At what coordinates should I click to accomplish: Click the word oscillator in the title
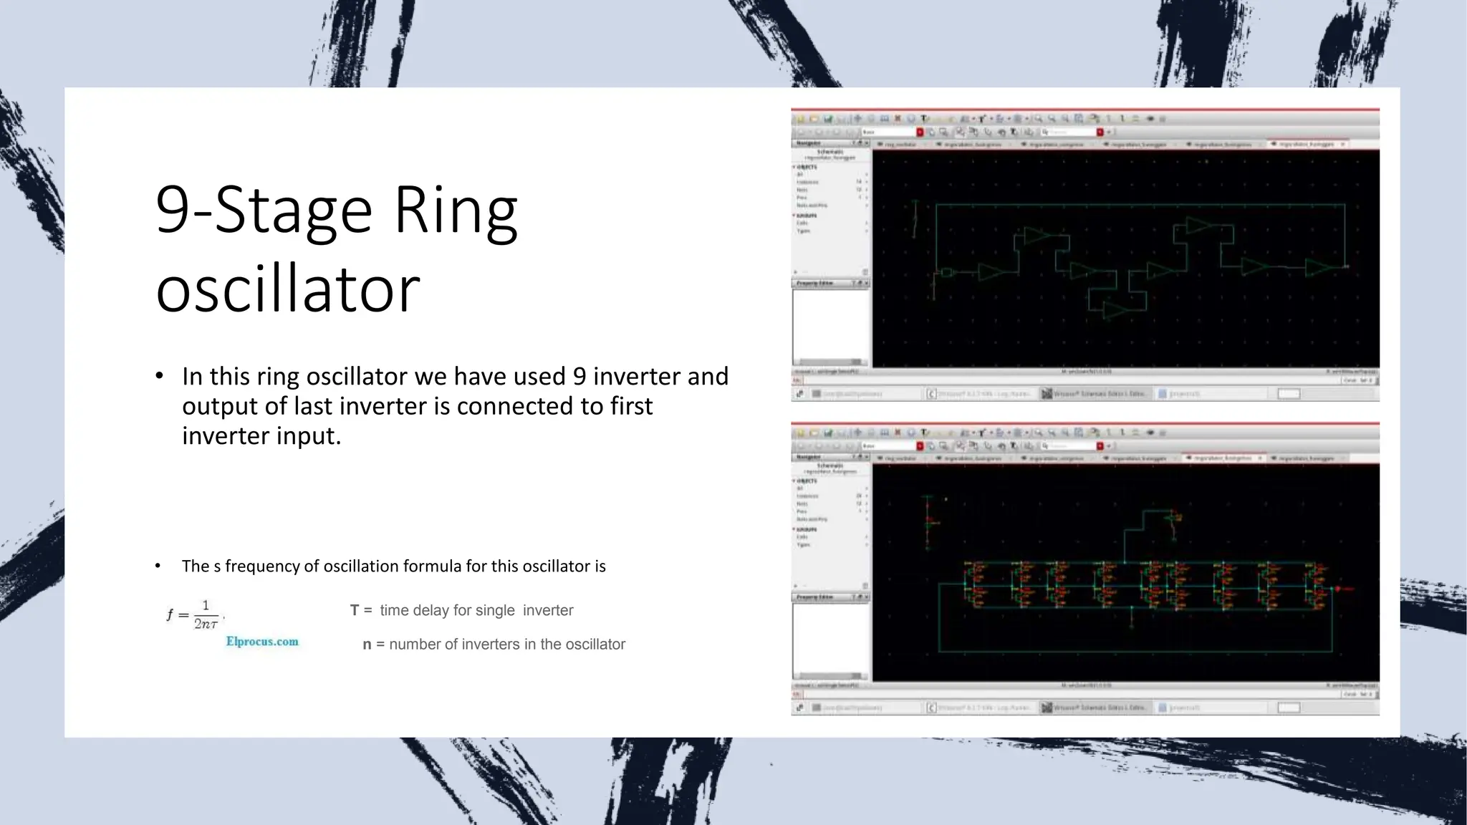coord(287,289)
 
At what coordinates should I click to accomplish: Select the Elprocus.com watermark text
coord(262,642)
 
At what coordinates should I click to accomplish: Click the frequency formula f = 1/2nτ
coord(194,614)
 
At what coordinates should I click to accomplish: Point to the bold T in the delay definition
coord(354,611)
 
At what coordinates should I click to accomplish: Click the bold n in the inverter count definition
coord(367,645)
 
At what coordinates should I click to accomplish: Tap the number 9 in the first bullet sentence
coord(579,377)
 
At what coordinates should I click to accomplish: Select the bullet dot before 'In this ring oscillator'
coord(159,376)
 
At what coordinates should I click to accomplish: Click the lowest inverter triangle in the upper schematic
coord(1115,310)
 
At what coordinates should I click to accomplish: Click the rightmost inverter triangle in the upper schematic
coord(1318,268)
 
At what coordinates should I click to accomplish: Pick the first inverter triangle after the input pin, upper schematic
coord(991,272)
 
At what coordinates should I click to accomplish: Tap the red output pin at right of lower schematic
coord(1338,589)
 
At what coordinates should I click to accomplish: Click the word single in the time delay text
coord(494,611)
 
